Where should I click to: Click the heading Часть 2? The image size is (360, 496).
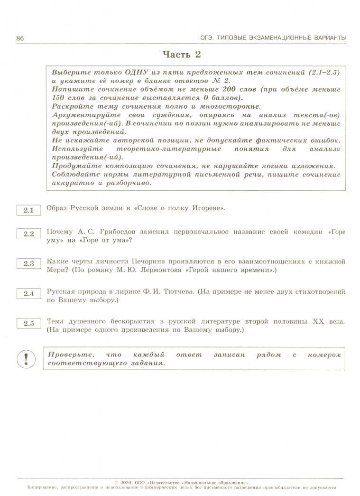coord(182,55)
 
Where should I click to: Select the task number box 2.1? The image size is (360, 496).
coord(28,210)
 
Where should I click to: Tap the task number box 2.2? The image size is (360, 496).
coord(28,234)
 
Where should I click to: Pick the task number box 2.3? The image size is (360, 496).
coord(28,263)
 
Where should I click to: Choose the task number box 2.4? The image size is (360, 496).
coord(28,294)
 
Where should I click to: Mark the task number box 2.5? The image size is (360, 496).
coord(28,324)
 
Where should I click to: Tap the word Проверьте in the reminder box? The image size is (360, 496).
coord(70,355)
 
